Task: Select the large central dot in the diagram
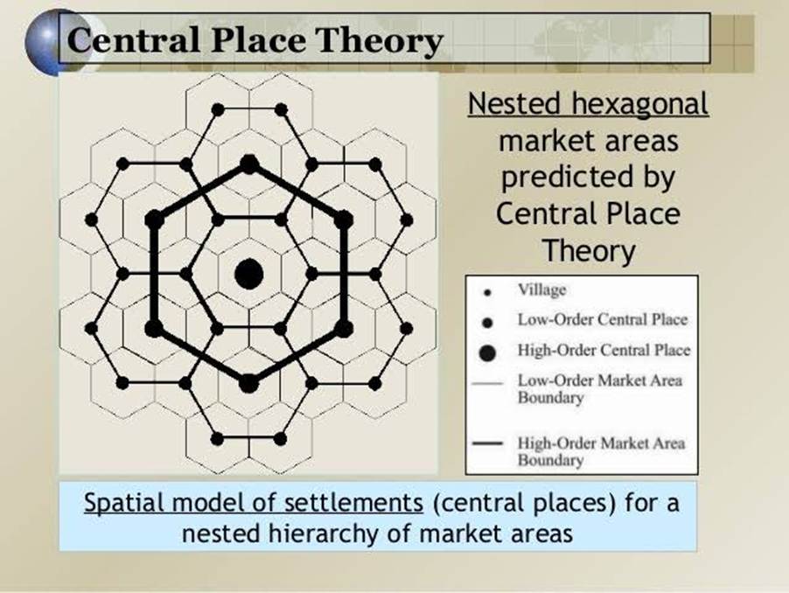249,274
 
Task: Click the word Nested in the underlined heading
514,103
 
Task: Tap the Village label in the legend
542,290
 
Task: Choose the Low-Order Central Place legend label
603,319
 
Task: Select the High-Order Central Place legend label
604,350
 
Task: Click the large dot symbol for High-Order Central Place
487,353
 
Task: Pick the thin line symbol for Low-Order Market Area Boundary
487,383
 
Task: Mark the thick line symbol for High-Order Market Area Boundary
487,443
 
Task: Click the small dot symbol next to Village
487,292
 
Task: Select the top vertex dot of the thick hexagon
249,164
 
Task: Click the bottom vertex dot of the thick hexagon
248,383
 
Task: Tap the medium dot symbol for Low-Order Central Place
487,323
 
